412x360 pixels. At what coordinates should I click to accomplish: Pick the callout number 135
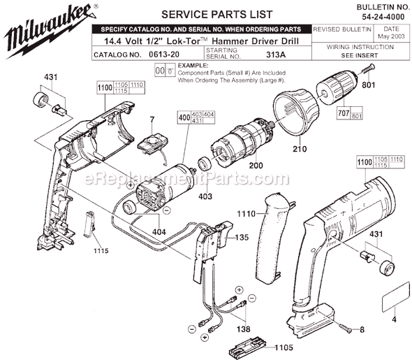point(242,237)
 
